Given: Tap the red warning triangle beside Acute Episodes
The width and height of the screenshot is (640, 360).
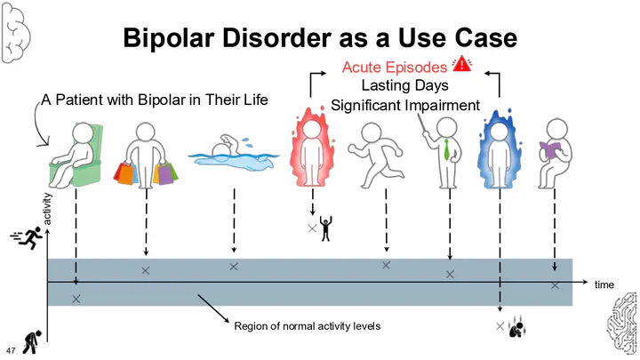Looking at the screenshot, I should pyautogui.click(x=463, y=63).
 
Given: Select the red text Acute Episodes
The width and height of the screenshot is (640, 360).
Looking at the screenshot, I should pyautogui.click(x=396, y=67).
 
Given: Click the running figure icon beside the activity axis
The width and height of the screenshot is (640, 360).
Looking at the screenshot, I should pyautogui.click(x=28, y=237).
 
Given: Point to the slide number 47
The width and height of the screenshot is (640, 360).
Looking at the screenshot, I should pyautogui.click(x=12, y=347).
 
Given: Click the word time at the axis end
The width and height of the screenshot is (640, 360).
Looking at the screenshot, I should pyautogui.click(x=604, y=285).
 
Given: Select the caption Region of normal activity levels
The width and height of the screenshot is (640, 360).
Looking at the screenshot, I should pyautogui.click(x=307, y=326).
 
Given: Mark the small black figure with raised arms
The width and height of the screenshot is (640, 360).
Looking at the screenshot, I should pyautogui.click(x=324, y=230).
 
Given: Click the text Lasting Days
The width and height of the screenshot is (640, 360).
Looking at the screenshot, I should pyautogui.click(x=404, y=86).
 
